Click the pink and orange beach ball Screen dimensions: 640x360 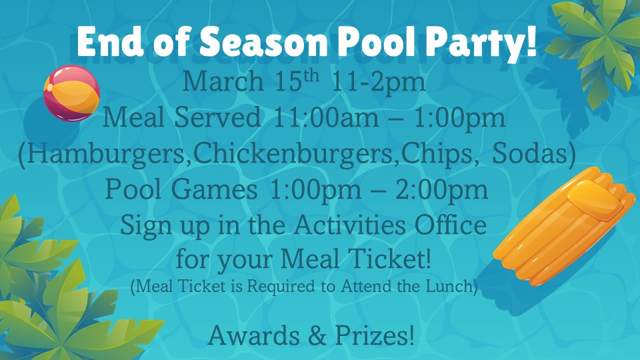point(72,93)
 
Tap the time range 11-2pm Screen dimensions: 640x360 point(378,83)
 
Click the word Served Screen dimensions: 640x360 point(217,117)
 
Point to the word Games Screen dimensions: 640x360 point(214,190)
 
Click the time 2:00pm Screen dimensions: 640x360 point(441,190)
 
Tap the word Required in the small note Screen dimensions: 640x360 point(281,286)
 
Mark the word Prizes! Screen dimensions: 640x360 point(375,335)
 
